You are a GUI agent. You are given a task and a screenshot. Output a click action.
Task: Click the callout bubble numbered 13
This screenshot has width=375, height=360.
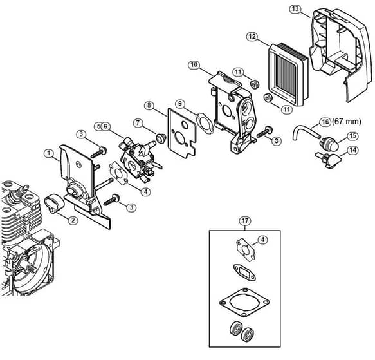point(295,9)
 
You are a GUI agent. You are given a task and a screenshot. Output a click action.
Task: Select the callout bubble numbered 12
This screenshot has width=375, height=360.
point(252,37)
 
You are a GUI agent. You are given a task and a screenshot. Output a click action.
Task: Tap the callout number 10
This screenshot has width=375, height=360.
point(194,65)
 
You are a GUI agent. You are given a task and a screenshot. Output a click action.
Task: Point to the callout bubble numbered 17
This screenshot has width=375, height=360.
point(245,221)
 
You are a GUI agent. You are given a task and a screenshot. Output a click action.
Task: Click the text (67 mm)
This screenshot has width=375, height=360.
point(346,122)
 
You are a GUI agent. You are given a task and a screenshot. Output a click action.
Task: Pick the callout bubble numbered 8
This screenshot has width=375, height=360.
point(149,106)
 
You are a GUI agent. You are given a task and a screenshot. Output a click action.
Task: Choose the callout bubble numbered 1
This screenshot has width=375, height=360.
point(49,153)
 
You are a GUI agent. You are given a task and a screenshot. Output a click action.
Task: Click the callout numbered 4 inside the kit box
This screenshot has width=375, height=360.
point(262,240)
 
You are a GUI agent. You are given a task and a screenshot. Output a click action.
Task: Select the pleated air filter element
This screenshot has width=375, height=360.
point(287,74)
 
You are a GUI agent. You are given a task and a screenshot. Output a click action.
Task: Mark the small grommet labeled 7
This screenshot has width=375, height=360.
point(160,138)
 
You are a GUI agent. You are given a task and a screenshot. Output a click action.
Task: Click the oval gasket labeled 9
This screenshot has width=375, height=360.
point(205,124)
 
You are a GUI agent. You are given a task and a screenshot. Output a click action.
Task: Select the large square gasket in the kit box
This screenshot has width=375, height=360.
point(244,302)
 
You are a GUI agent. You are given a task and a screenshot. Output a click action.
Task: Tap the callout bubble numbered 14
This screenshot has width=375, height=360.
point(353,151)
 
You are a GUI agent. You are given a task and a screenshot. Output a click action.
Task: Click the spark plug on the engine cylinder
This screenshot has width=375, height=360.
point(17,192)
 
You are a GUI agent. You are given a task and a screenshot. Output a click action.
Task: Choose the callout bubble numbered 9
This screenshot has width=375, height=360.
point(180,104)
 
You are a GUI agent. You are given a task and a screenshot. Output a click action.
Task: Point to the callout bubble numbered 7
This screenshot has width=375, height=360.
point(138,123)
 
